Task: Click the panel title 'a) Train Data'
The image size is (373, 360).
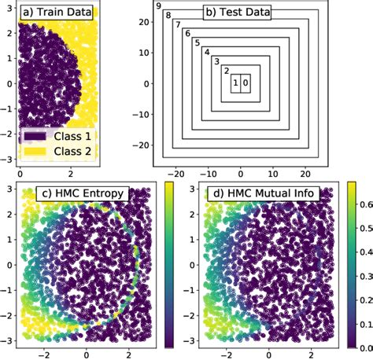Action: point(57,13)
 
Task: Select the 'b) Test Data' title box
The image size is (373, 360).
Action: point(236,13)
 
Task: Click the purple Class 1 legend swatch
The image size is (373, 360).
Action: point(37,136)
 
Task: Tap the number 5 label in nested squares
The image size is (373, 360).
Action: point(197,42)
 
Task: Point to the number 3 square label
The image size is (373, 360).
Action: point(216,61)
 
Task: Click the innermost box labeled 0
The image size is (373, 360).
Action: point(245,82)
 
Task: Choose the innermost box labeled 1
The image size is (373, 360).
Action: point(235,82)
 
